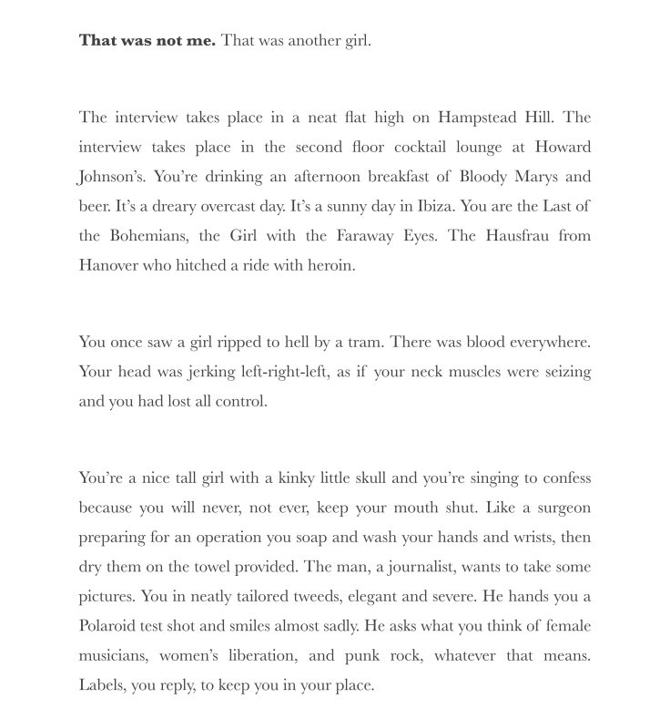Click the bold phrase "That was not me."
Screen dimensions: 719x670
tap(147, 40)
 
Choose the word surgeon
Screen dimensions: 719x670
tap(561, 508)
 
